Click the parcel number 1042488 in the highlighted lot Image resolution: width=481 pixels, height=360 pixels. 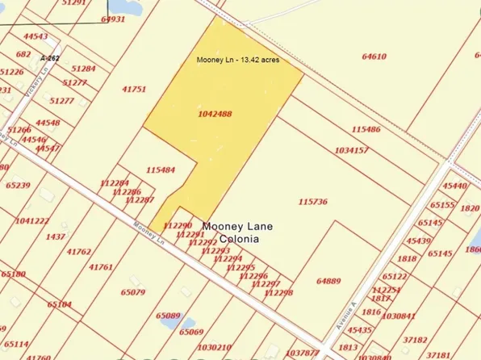tap(215, 114)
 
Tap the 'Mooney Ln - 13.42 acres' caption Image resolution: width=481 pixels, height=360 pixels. tap(238, 60)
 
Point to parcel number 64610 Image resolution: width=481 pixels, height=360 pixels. tap(374, 57)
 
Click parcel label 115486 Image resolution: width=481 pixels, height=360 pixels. tap(366, 129)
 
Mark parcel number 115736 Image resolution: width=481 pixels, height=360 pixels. tap(312, 202)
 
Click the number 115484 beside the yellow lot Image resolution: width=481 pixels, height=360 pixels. tap(161, 170)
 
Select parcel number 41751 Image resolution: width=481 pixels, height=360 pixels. tap(134, 89)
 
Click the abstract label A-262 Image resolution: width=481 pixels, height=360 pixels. tap(49, 58)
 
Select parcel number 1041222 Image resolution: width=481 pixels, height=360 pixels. tap(32, 220)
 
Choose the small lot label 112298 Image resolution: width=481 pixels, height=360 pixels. tap(278, 292)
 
